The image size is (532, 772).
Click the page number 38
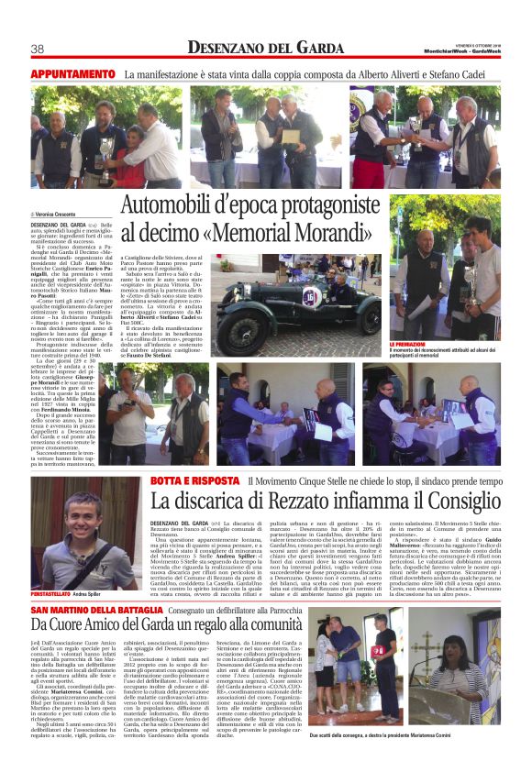click(38, 49)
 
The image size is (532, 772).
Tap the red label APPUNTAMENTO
click(72, 72)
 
